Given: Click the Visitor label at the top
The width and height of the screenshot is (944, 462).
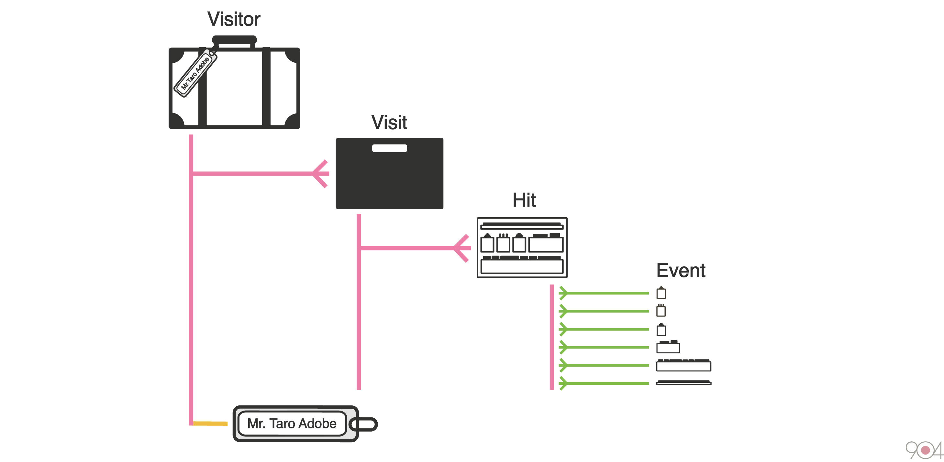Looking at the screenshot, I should (x=234, y=19).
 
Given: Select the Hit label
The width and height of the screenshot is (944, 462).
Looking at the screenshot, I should (x=524, y=200).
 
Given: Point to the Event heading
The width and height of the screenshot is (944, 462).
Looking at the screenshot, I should (x=681, y=271).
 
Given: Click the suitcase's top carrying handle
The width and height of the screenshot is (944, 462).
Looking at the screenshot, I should (x=234, y=40).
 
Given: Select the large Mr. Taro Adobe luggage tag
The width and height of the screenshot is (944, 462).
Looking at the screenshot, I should (x=295, y=424).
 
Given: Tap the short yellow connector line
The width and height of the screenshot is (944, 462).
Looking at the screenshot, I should (x=210, y=424).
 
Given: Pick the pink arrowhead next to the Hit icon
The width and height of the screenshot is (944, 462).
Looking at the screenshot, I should (x=461, y=248).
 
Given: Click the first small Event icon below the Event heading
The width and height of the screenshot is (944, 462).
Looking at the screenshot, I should (x=661, y=293).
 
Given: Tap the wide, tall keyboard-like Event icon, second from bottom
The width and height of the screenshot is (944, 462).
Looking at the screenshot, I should (x=683, y=365).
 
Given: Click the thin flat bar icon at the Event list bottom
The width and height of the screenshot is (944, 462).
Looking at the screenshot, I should (x=683, y=383).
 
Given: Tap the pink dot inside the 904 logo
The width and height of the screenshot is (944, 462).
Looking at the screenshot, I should (x=925, y=450).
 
